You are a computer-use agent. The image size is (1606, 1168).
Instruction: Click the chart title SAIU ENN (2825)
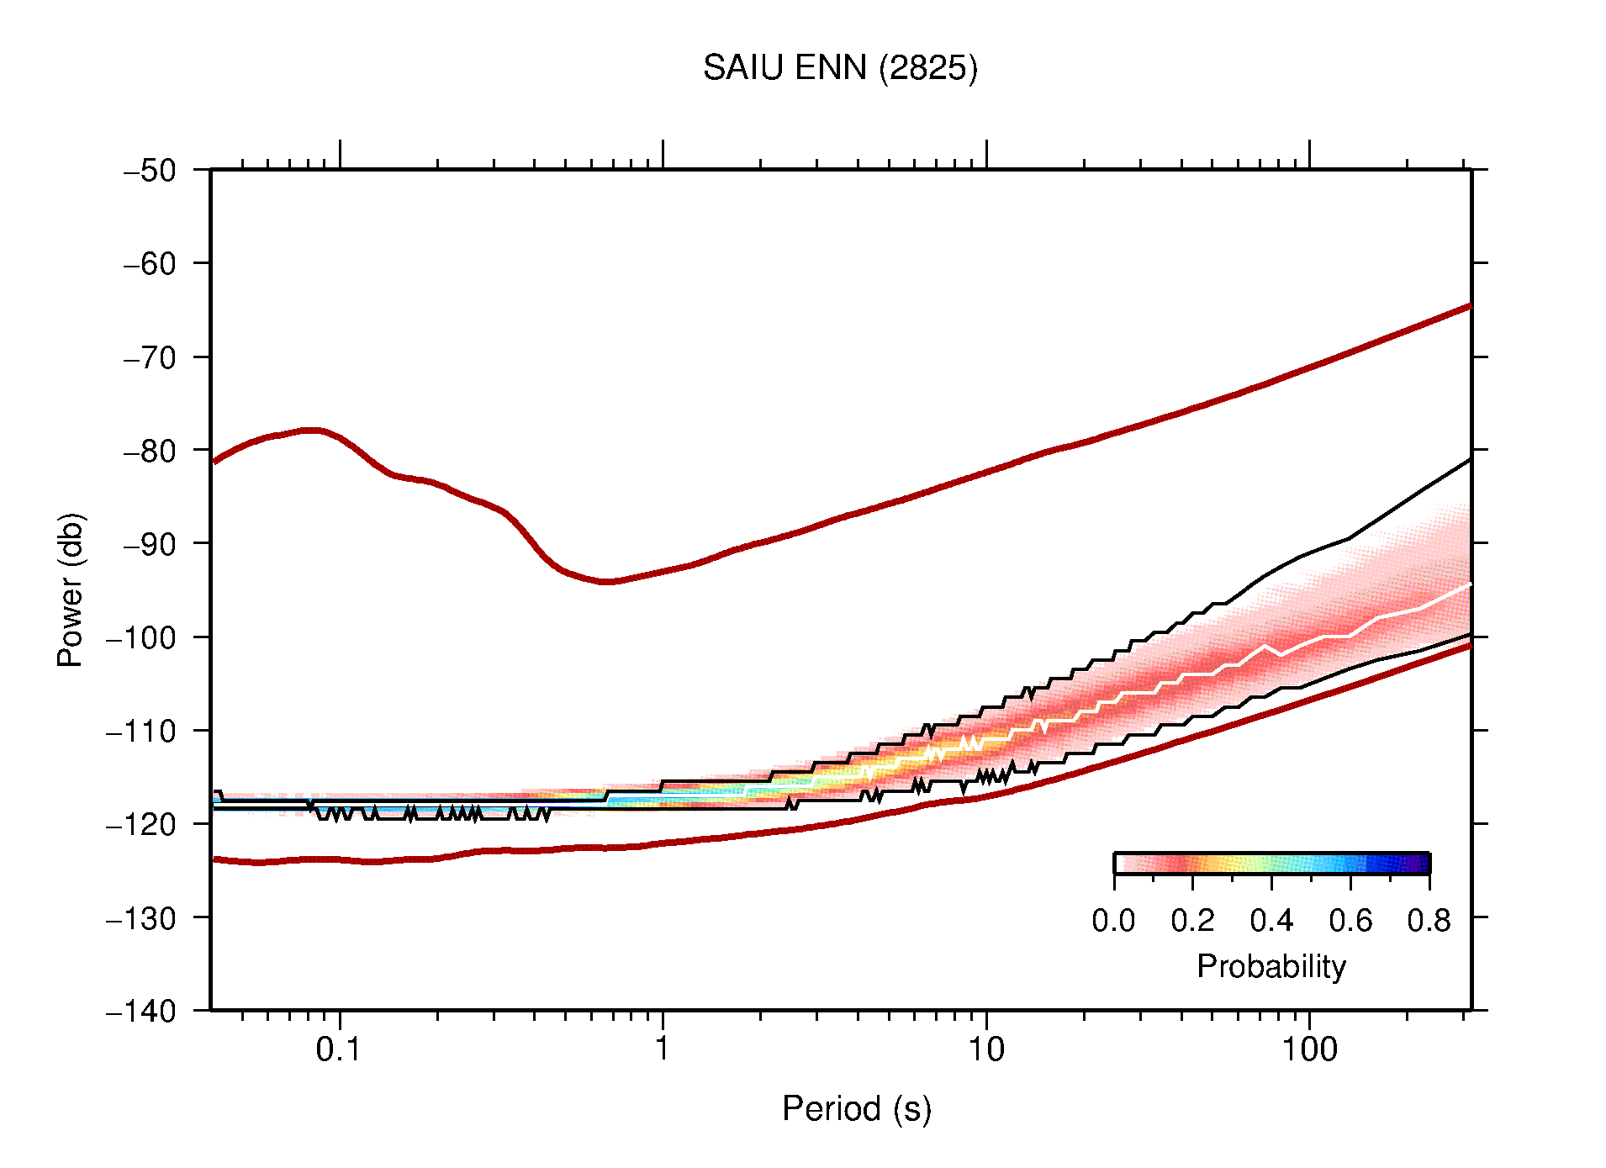[x=840, y=68]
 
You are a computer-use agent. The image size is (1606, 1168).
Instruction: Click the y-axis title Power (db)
[x=71, y=589]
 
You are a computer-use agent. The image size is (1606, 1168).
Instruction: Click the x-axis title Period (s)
[x=856, y=1108]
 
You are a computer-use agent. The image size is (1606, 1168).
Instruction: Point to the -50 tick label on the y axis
[x=150, y=171]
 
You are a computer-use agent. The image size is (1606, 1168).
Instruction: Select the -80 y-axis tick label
[x=150, y=451]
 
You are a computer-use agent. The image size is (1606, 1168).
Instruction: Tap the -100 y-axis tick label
[x=141, y=637]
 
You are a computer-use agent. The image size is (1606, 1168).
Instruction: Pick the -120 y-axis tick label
[x=141, y=824]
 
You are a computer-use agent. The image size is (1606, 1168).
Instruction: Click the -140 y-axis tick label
[x=141, y=1011]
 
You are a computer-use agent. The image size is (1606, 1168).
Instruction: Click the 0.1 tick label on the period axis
[x=338, y=1049]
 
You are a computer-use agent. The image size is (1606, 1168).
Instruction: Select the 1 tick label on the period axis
[x=663, y=1049]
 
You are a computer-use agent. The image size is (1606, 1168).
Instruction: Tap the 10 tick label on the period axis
[x=985, y=1049]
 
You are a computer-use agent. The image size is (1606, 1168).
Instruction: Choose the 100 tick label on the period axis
[x=1308, y=1049]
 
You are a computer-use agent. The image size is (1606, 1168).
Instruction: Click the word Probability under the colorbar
[x=1271, y=966]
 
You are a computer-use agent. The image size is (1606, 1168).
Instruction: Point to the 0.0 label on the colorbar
[x=1113, y=921]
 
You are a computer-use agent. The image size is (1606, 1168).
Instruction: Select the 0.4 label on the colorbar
[x=1271, y=921]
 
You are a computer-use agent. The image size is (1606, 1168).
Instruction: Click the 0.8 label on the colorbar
[x=1429, y=921]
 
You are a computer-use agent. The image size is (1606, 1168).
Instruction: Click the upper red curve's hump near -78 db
[x=312, y=430]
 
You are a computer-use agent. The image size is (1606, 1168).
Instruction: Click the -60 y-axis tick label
[x=150, y=264]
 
